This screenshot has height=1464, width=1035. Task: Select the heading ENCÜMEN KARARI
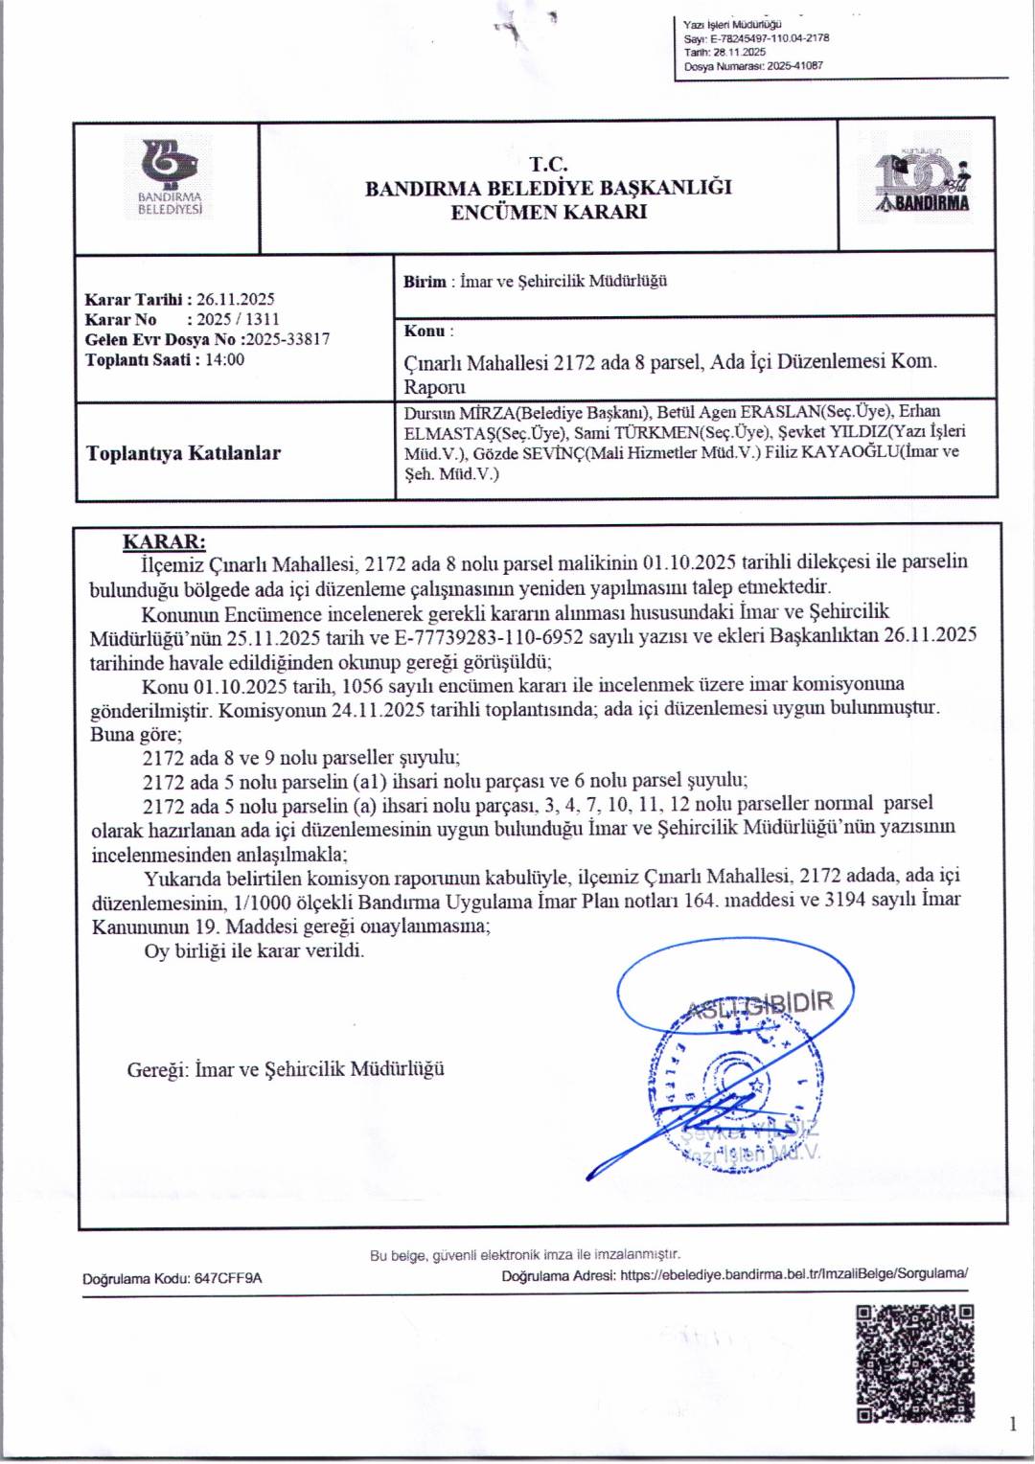(x=548, y=212)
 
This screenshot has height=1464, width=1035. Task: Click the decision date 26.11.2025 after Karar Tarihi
(x=235, y=299)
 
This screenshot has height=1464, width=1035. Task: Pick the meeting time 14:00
(x=224, y=359)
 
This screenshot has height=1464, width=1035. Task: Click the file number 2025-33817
(x=287, y=339)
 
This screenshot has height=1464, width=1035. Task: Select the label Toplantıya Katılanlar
(x=183, y=453)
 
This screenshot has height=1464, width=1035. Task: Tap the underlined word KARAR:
(x=164, y=541)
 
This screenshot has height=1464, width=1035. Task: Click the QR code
(x=914, y=1362)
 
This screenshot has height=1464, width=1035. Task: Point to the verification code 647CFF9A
(x=228, y=1278)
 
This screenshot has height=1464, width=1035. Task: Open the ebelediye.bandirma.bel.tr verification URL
(x=793, y=1274)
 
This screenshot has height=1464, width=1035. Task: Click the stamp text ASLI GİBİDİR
(x=761, y=1004)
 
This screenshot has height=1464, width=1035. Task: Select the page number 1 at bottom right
(x=1013, y=1425)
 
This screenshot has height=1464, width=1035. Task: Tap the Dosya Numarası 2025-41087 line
(x=753, y=66)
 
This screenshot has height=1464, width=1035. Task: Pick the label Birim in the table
(x=425, y=282)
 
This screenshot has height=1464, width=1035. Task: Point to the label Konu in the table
(x=425, y=332)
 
